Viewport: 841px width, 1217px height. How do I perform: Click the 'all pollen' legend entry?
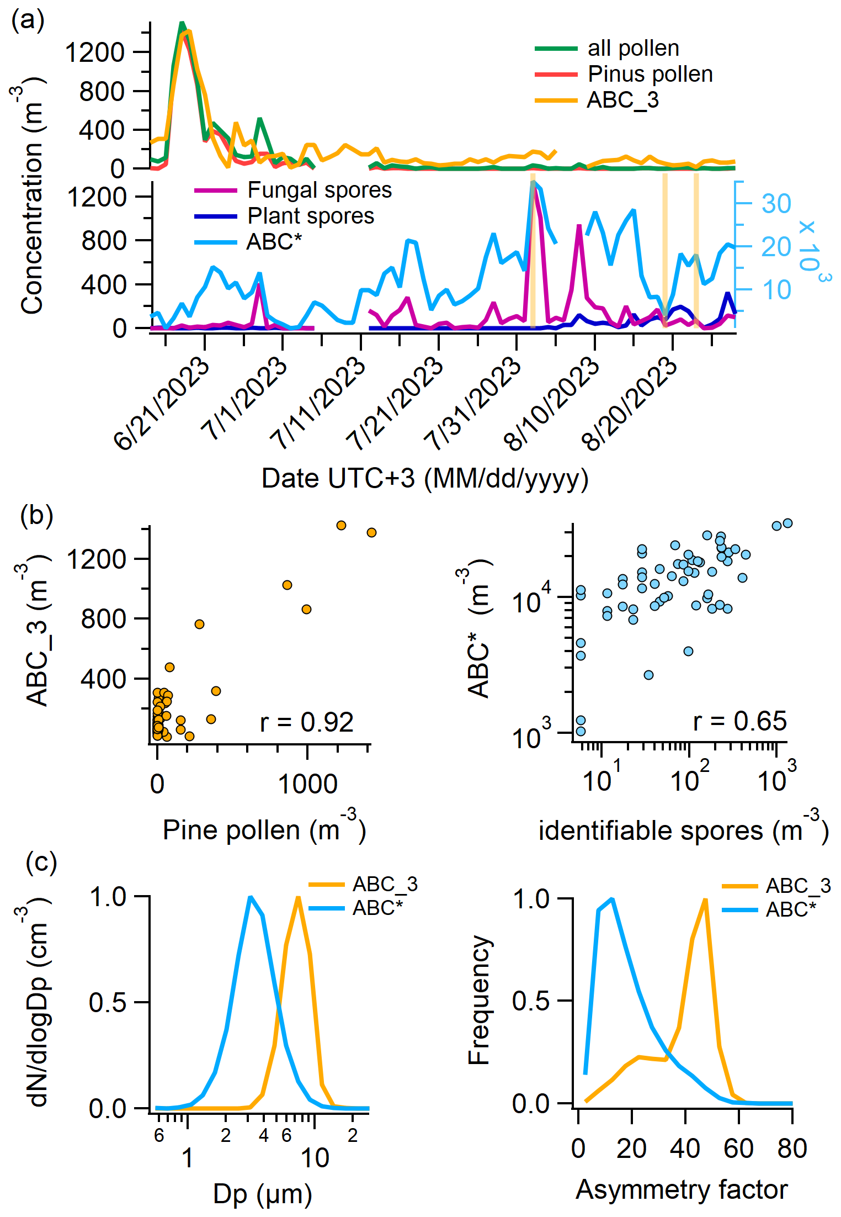[x=633, y=49]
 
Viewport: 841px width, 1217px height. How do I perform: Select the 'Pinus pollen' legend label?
[x=650, y=74]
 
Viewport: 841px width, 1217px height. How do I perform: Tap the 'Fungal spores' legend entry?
[x=319, y=190]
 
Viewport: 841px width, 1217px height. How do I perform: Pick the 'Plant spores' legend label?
[x=310, y=216]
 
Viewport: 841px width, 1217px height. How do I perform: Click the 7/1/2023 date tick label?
[x=244, y=398]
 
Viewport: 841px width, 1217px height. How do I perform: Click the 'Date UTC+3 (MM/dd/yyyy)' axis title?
[x=424, y=478]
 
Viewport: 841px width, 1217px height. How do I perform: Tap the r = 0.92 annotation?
[x=306, y=722]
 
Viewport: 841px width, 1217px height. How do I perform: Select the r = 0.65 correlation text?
[x=739, y=721]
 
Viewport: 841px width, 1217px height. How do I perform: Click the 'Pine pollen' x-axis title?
[x=264, y=829]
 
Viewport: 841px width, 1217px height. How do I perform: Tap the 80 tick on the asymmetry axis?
[x=792, y=1149]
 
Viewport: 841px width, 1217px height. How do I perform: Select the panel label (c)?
[x=41, y=862]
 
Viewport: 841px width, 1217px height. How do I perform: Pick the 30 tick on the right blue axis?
[x=776, y=204]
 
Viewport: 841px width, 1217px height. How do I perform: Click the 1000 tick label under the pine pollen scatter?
[x=307, y=784]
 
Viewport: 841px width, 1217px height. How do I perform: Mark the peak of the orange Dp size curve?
[x=298, y=897]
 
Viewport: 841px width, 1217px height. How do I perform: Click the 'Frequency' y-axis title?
[x=478, y=999]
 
